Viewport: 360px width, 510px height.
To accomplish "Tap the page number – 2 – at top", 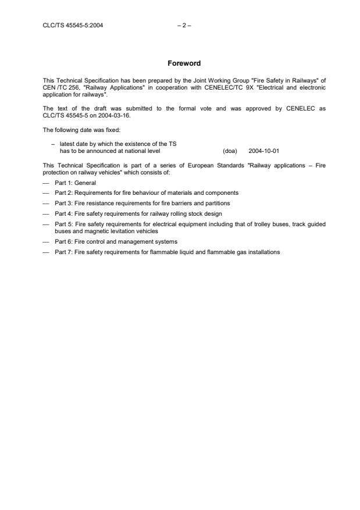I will [180, 25].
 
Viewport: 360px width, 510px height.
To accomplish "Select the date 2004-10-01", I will [263, 151].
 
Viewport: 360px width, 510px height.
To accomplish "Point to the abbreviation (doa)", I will [230, 151].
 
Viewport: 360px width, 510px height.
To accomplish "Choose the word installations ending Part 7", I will [265, 252].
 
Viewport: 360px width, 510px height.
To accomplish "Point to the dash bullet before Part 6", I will [46, 241].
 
